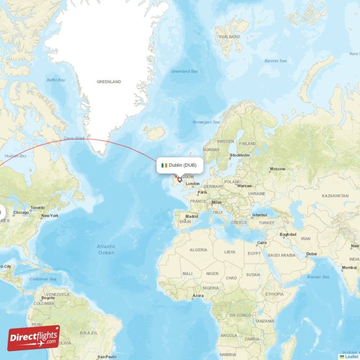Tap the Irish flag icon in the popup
click(164, 165)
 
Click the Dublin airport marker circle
click(180, 180)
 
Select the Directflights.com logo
click(34, 338)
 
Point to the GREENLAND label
click(109, 82)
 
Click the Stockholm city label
click(239, 155)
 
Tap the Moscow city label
click(277, 169)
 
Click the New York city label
click(50, 216)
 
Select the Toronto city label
click(37, 208)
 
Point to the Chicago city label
click(21, 212)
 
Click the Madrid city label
click(192, 216)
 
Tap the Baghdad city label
click(288, 234)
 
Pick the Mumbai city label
click(349, 268)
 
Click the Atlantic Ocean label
click(106, 249)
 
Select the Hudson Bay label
click(15, 156)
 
